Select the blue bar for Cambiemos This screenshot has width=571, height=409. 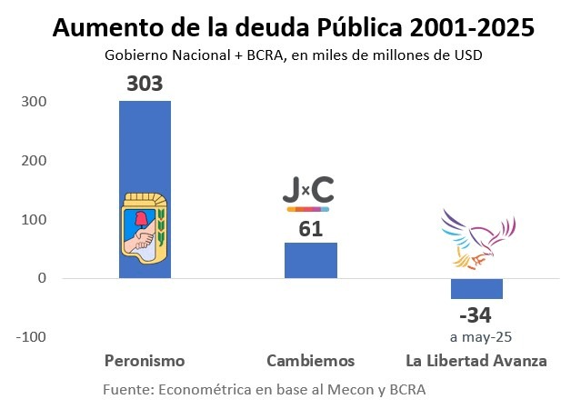click(x=310, y=260)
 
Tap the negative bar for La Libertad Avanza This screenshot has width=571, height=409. click(x=476, y=288)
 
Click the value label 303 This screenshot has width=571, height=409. click(x=145, y=85)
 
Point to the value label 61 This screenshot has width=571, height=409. click(x=311, y=229)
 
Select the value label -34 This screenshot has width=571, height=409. click(x=476, y=315)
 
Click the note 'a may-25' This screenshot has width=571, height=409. click(x=476, y=335)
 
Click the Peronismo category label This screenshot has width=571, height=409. click(x=145, y=361)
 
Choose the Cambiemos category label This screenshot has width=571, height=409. click(x=311, y=361)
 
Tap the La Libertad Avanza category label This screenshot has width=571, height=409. click(x=476, y=361)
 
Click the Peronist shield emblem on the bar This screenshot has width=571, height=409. click(x=145, y=234)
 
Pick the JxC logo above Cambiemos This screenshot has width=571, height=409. click(x=308, y=193)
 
